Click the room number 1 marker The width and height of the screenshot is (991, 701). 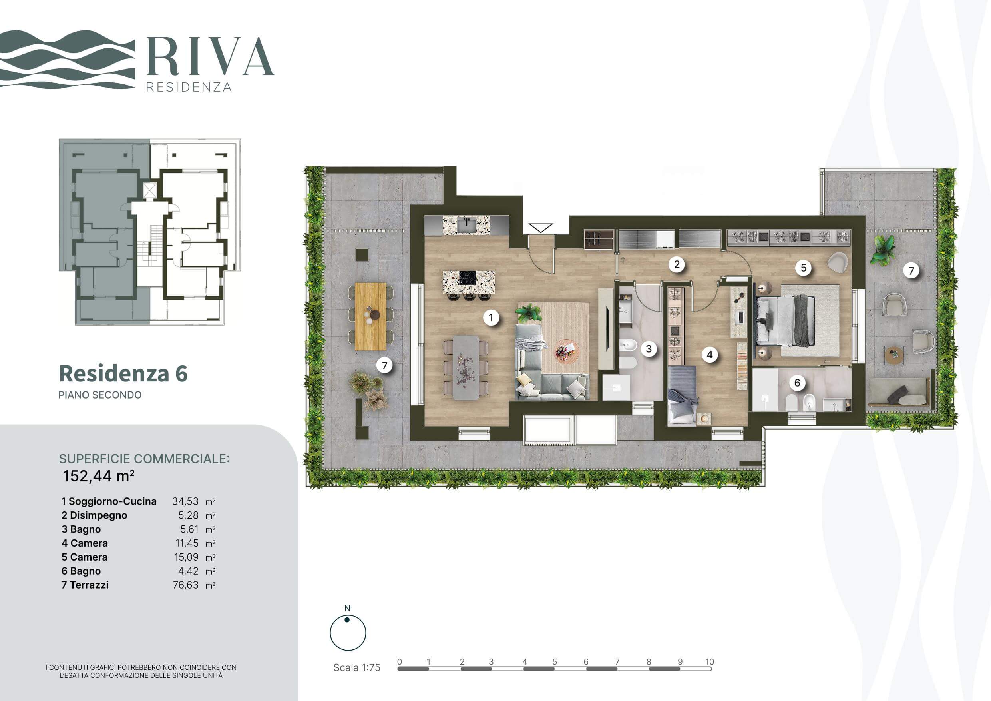[491, 318]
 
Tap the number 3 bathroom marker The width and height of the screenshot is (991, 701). [649, 349]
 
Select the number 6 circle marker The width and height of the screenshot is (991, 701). [797, 383]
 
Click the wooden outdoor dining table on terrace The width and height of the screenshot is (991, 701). [371, 316]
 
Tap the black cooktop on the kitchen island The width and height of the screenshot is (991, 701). [467, 277]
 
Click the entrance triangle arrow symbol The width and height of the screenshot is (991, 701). [540, 228]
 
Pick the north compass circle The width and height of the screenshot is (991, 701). [348, 633]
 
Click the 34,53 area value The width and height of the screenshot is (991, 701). [185, 501]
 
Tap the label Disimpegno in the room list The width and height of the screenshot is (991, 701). [98, 515]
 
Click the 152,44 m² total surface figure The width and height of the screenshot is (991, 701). [98, 476]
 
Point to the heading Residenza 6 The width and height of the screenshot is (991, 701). [123, 373]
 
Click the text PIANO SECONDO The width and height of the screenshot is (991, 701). [100, 395]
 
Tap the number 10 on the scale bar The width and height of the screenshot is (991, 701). [710, 661]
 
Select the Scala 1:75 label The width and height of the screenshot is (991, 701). [356, 667]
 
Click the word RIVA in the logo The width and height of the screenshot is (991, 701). [210, 56]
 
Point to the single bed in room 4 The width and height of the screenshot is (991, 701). [683, 395]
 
